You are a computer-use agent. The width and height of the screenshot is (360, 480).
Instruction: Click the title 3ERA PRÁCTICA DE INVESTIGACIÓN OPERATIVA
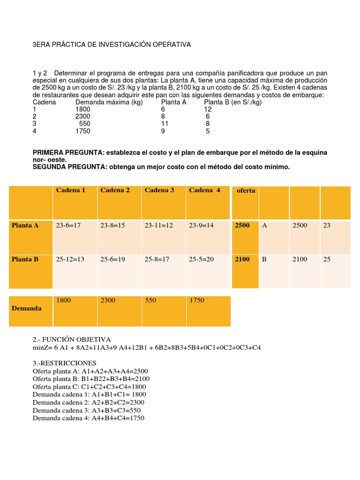pyautogui.click(x=112, y=45)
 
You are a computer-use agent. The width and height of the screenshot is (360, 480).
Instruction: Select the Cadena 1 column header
pyautogui.click(x=71, y=190)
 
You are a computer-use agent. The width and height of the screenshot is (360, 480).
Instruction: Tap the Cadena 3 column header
pyautogui.click(x=159, y=190)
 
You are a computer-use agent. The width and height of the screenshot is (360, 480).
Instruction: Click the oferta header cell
pyautogui.click(x=246, y=191)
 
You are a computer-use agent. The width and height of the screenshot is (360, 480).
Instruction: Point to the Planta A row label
pyautogui.click(x=25, y=225)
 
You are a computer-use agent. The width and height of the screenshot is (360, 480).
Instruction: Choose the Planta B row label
pyautogui.click(x=25, y=259)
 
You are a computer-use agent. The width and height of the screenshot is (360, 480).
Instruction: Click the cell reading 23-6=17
pyautogui.click(x=68, y=225)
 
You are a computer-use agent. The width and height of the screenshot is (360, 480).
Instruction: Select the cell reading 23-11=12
pyautogui.click(x=159, y=225)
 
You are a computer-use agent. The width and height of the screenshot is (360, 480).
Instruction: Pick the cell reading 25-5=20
pyautogui.click(x=201, y=259)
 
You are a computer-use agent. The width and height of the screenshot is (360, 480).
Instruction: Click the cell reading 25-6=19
pyautogui.click(x=113, y=259)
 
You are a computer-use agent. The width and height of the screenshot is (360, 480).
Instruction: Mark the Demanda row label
pyautogui.click(x=27, y=308)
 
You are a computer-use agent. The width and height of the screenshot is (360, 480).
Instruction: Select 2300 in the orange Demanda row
pyautogui.click(x=108, y=300)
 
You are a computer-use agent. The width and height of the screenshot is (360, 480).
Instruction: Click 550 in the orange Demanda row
pyautogui.click(x=150, y=300)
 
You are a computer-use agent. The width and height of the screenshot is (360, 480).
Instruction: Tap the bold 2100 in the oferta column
pyautogui.click(x=242, y=259)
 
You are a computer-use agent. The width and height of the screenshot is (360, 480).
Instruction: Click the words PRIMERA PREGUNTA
pyautogui.click(x=68, y=153)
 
